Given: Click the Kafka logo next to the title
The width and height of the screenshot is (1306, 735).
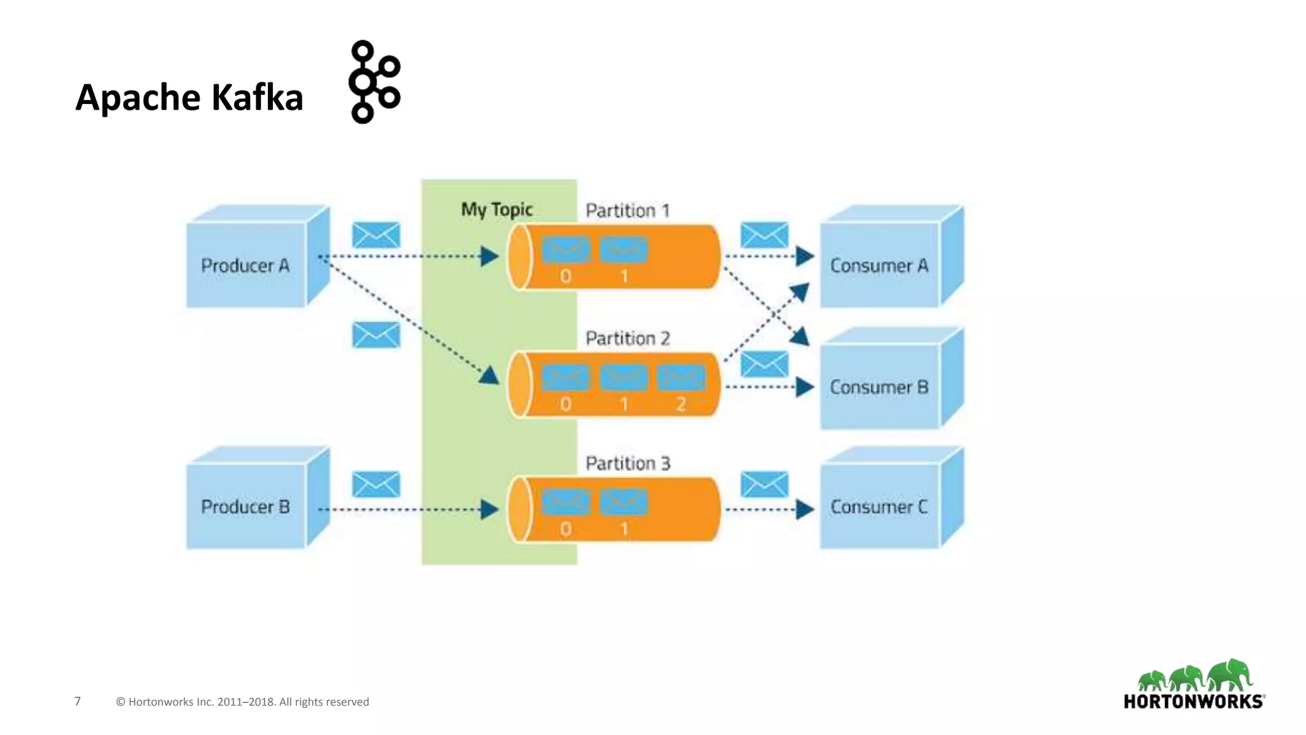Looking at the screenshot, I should coord(374,82).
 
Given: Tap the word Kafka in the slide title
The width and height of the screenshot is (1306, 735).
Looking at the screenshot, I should coord(256,98).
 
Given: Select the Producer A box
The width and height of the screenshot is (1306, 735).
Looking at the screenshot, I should coord(246,265).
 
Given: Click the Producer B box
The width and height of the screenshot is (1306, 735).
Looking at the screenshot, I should coord(246,506).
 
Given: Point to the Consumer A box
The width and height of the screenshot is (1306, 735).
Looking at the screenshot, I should coord(879,265).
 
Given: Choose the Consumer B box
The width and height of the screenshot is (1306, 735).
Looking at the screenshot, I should coord(879,387).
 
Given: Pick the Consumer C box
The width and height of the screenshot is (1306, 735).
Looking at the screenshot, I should coord(879,506).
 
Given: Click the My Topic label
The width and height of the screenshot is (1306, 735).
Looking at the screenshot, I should coord(497,209).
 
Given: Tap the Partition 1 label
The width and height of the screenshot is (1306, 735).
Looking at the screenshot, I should coord(627,211).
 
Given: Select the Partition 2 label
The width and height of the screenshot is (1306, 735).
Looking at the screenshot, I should coord(627,338).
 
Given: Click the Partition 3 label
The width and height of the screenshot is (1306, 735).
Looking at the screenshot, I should coord(627,463).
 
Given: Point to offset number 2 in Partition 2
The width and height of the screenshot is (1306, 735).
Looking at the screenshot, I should coord(681,404).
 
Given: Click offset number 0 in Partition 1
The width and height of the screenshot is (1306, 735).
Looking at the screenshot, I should coord(566,276).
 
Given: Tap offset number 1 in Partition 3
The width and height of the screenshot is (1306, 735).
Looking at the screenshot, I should coord(624,529).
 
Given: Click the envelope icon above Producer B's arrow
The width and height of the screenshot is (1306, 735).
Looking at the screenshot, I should coord(376,484).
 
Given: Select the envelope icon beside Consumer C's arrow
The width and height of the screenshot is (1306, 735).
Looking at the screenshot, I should coord(764,484).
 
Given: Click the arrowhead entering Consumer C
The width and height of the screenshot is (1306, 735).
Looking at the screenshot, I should coord(805,509).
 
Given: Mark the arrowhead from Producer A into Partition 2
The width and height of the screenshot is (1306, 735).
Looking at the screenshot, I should coord(490,375).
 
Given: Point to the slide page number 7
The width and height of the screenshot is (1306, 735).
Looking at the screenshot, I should coord(78,701).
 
